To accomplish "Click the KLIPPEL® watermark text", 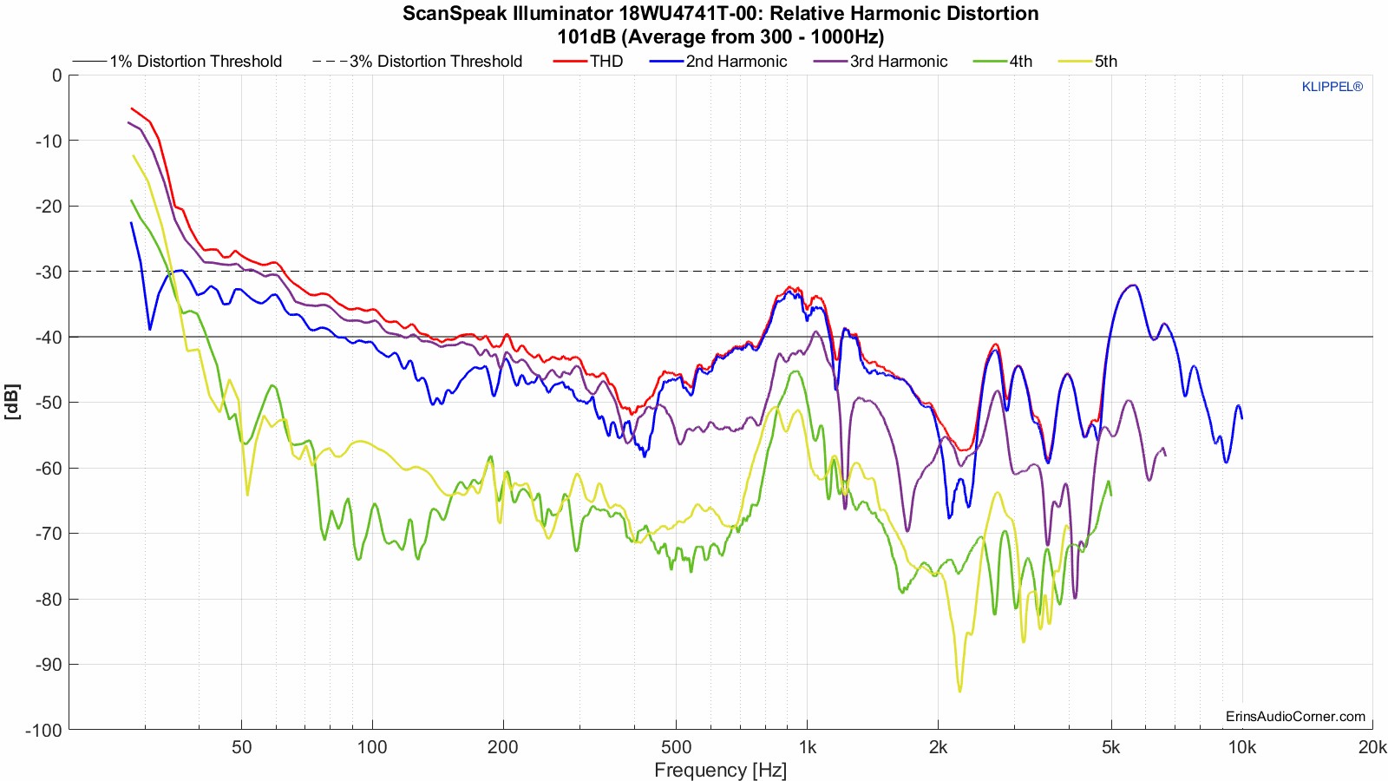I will (x=1332, y=87).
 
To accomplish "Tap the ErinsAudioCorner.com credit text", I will (x=1295, y=716).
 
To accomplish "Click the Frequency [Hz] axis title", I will (x=720, y=770).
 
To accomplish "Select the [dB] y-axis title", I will (x=12, y=402).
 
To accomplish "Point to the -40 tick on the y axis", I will (x=48, y=338).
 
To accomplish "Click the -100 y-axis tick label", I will (x=43, y=731).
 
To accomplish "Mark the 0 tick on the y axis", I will (x=56, y=75).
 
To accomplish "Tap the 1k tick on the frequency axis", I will (x=807, y=747).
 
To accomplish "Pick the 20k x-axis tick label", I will (x=1372, y=747).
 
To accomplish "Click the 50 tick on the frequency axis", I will (x=241, y=747).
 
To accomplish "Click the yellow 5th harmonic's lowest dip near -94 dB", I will (x=959, y=691).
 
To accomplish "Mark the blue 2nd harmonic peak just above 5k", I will (x=1131, y=285).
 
